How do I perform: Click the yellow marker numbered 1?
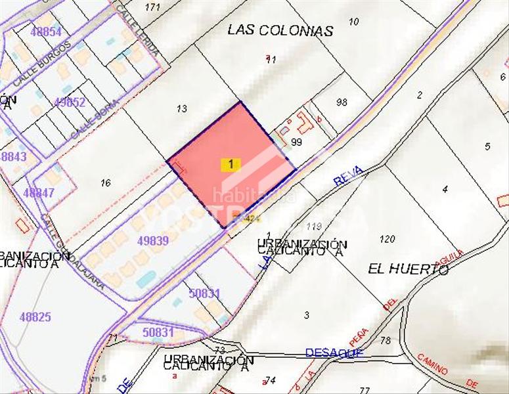click(x=231, y=164)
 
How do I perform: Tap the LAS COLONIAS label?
click(x=280, y=30)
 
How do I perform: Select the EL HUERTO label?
click(x=408, y=269)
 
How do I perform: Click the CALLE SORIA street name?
click(x=96, y=119)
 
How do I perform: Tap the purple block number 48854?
click(x=45, y=32)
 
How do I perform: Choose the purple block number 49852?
click(x=70, y=102)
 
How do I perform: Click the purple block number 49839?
click(x=152, y=241)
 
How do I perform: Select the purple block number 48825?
click(x=35, y=317)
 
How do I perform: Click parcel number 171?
click(x=152, y=7)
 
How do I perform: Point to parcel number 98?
click(x=341, y=102)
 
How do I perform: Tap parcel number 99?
click(x=296, y=142)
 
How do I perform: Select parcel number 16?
click(x=106, y=183)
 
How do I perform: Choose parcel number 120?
click(x=387, y=239)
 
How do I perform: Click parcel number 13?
click(x=182, y=108)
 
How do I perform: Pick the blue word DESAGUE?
click(x=334, y=353)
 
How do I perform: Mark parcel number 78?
click(x=385, y=340)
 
